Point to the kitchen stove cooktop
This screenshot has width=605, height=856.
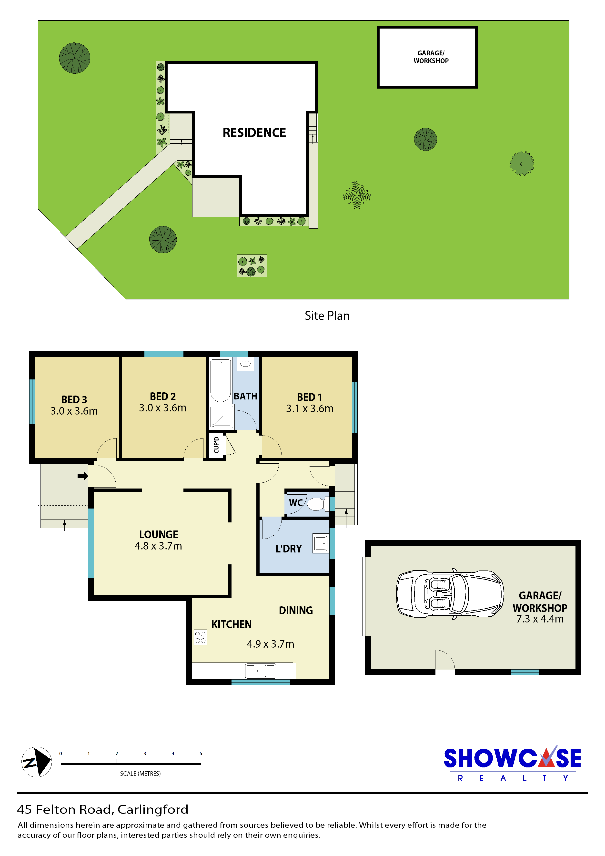point(200,637)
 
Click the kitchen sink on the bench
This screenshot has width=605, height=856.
point(261,671)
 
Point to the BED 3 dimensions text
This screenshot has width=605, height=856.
point(74,411)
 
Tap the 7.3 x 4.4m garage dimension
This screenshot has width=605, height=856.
point(540,619)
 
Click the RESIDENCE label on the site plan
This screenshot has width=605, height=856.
point(254,133)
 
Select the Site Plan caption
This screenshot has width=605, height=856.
point(327,316)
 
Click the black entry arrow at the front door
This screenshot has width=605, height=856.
point(83,476)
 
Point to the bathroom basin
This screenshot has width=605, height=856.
point(245,364)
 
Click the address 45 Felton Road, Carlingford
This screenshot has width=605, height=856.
point(102,809)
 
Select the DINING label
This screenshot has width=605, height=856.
point(296,610)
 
